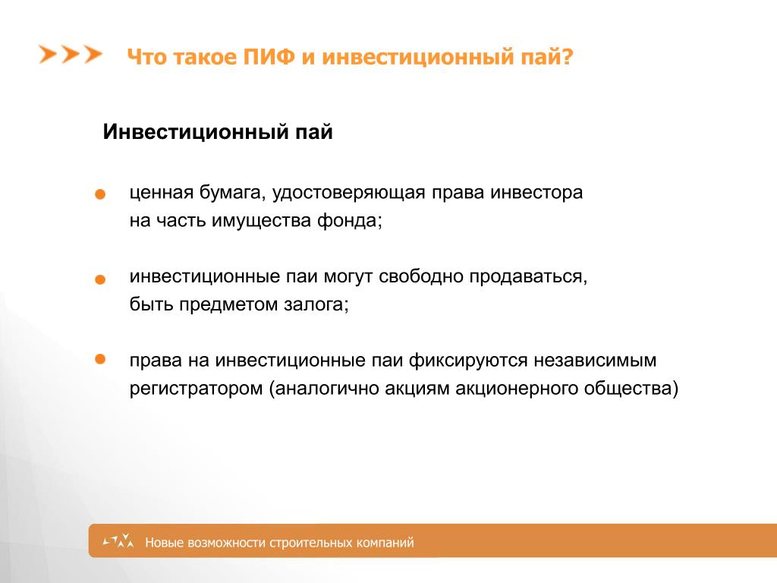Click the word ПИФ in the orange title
coord(269,56)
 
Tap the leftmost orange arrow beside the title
coord(48,54)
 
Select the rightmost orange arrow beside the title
coord(93,54)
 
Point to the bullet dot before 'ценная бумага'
coord(100,194)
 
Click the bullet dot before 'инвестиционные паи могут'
coord(100,279)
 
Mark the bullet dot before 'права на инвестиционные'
coord(100,359)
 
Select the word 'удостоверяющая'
coord(349,194)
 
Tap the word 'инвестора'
coord(536,194)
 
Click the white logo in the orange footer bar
coord(118,540)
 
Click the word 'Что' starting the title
coord(147,57)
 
